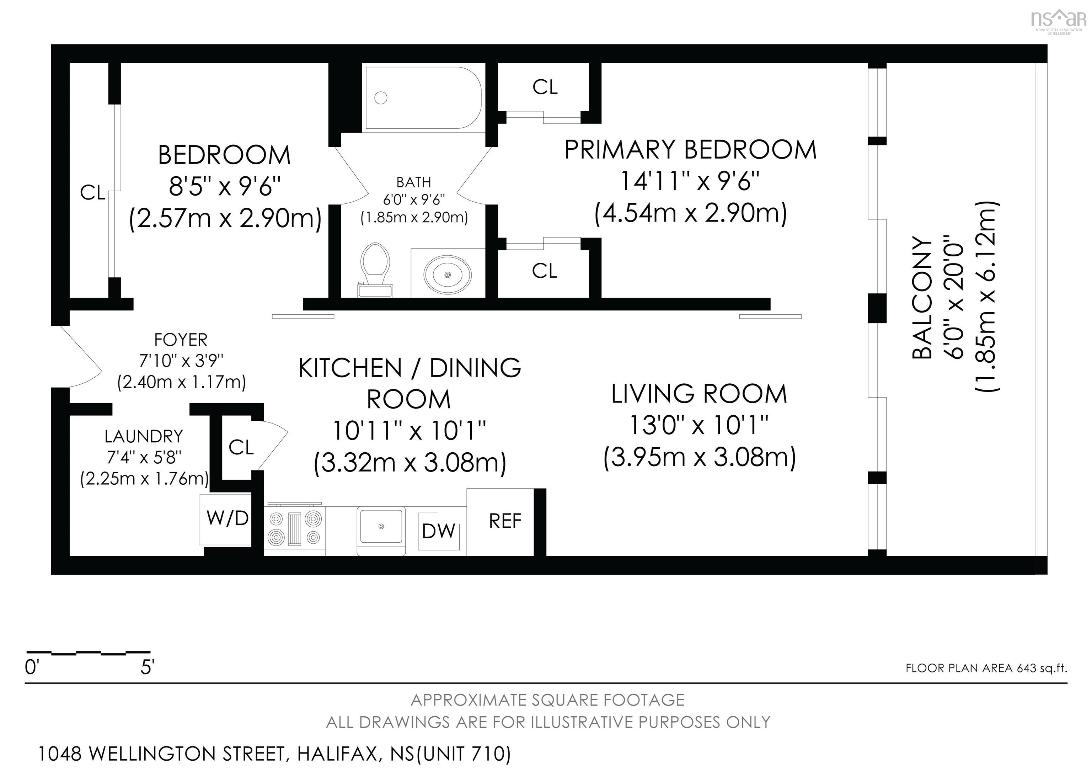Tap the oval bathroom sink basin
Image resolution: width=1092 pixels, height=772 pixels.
448,275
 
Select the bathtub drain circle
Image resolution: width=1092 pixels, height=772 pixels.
380,98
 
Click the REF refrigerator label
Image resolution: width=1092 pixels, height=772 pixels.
505,521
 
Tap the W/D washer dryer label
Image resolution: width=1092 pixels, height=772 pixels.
228,518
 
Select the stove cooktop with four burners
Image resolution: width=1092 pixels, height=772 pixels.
295,528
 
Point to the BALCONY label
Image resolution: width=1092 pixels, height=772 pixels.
923,298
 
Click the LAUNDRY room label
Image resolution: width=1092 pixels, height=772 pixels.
144,436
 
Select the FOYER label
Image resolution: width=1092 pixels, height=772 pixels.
181,340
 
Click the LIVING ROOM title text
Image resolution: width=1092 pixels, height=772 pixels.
699,394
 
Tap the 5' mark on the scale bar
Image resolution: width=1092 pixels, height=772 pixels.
146,668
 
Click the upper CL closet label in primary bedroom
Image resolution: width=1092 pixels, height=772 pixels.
545,87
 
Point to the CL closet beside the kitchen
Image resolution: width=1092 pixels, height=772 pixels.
241,447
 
